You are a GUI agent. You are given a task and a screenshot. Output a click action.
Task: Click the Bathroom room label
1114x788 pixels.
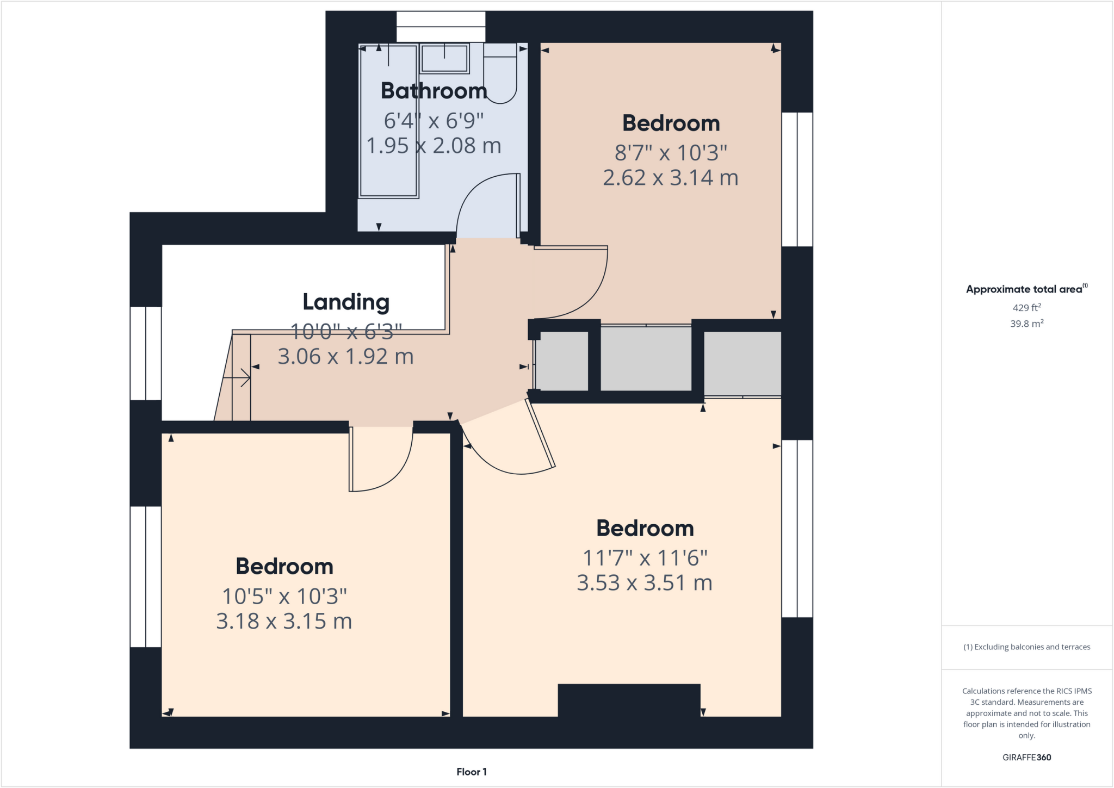(434, 91)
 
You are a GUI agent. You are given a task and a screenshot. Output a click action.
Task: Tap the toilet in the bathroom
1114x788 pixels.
(500, 76)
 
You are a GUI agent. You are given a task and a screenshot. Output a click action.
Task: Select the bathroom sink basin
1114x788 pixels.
(444, 59)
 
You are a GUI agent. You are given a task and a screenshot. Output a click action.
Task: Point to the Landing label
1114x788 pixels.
(346, 302)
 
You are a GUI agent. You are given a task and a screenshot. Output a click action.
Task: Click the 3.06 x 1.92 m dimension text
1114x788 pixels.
(346, 357)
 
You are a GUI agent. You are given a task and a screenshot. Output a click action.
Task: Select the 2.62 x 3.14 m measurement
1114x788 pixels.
(670, 178)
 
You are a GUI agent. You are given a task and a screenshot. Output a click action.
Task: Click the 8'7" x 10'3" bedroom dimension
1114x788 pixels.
(670, 153)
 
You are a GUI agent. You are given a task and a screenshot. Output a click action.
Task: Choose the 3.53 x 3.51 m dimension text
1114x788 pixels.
(645, 583)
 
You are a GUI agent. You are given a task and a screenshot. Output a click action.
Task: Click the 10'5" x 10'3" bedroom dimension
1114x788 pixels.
(284, 597)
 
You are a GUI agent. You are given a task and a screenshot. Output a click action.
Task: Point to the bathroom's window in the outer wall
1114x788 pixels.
(441, 26)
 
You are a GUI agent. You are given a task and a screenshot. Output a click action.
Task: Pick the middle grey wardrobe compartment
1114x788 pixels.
(646, 358)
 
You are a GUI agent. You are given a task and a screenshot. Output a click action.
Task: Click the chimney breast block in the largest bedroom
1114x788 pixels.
(629, 700)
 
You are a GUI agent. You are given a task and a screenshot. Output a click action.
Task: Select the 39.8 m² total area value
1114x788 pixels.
(1026, 324)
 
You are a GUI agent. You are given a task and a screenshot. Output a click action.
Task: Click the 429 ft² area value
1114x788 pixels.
(1026, 308)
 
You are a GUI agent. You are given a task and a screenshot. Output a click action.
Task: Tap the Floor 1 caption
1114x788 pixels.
(471, 772)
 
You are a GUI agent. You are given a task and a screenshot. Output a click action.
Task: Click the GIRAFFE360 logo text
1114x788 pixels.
(1026, 757)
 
